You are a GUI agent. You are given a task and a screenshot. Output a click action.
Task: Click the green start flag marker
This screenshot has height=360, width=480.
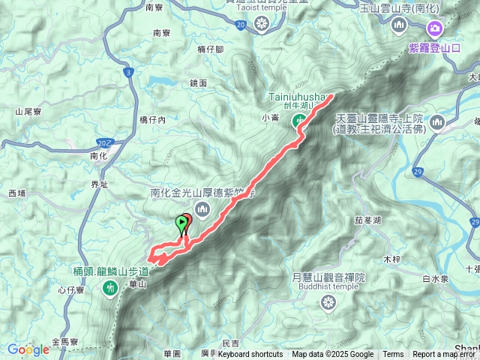click(x=181, y=222)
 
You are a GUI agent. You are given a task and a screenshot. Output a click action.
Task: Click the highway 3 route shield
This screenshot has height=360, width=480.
click(x=128, y=73)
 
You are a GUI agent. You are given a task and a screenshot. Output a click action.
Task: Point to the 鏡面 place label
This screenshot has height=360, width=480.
click(x=198, y=83)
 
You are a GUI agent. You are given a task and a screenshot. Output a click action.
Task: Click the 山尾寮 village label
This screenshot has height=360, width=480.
click(x=27, y=111)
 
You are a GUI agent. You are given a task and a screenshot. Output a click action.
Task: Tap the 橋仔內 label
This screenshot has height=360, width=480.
click(x=152, y=119)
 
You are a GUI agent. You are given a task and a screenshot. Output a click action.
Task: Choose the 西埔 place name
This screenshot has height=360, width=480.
click(x=16, y=193)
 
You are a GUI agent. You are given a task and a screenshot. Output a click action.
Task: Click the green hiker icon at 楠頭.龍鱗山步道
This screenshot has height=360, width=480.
click(x=111, y=286)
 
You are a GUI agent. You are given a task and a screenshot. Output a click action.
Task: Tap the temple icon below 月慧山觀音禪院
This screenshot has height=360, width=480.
click(x=328, y=303)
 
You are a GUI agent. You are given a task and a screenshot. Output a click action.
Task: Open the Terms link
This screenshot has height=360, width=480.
click(x=393, y=355)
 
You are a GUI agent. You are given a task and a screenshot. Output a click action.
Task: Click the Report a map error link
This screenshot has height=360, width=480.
click(x=445, y=355)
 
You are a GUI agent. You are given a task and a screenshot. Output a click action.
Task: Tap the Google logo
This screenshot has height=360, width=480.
click(x=28, y=349)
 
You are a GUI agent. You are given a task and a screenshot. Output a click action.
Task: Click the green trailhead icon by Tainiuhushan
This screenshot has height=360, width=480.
click(x=300, y=121)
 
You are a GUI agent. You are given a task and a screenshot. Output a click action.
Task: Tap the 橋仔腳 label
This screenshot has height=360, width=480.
click(x=211, y=49)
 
